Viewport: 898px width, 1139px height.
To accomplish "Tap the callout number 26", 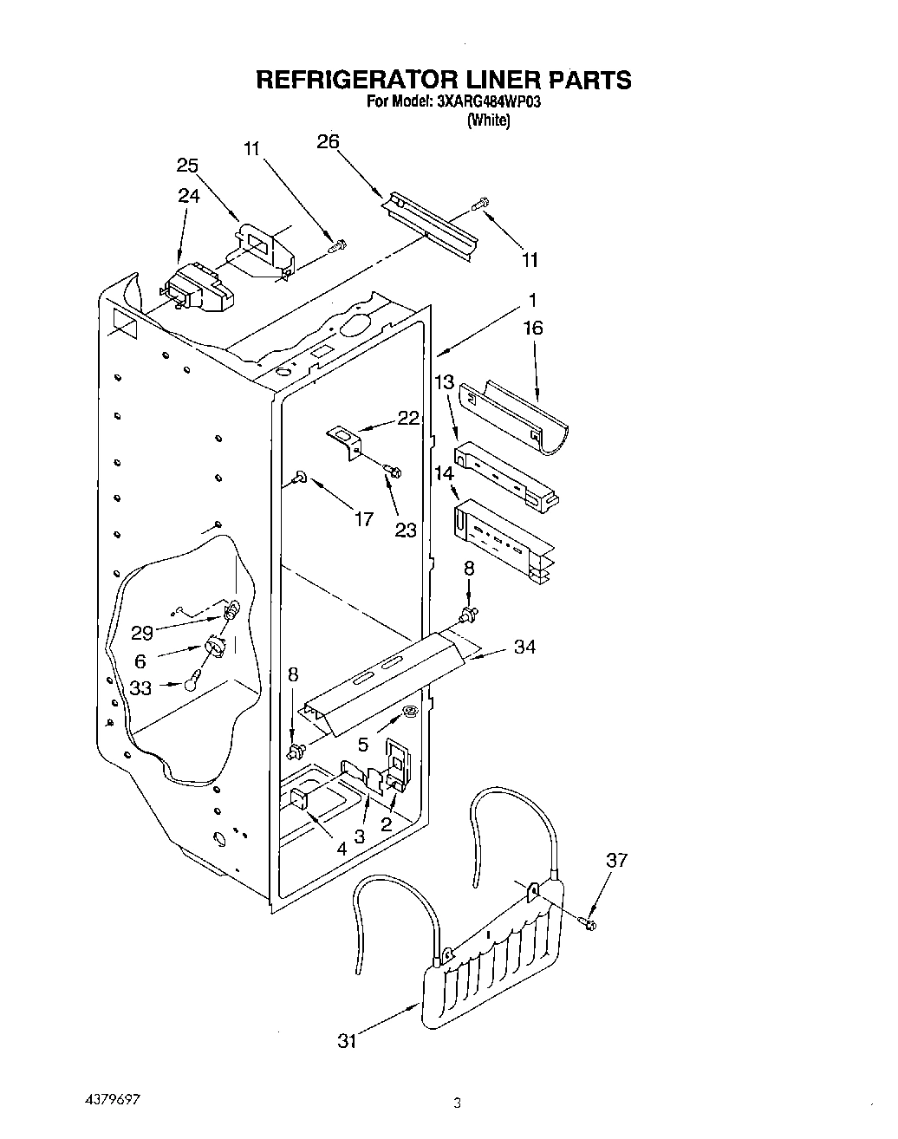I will tap(328, 143).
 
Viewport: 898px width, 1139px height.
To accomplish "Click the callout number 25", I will tap(187, 166).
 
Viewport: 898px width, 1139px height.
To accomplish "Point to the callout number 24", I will tap(188, 196).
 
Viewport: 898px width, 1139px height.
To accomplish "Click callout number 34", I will tap(524, 647).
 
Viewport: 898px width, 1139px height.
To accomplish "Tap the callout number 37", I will tap(616, 860).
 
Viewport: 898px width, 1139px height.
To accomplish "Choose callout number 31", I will tap(347, 1041).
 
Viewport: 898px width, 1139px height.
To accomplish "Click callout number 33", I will tap(140, 687).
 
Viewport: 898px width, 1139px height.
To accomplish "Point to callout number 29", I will tap(141, 633).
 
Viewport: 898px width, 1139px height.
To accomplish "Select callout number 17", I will tap(363, 518).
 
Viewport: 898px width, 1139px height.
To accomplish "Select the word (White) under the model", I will tap(488, 120).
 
